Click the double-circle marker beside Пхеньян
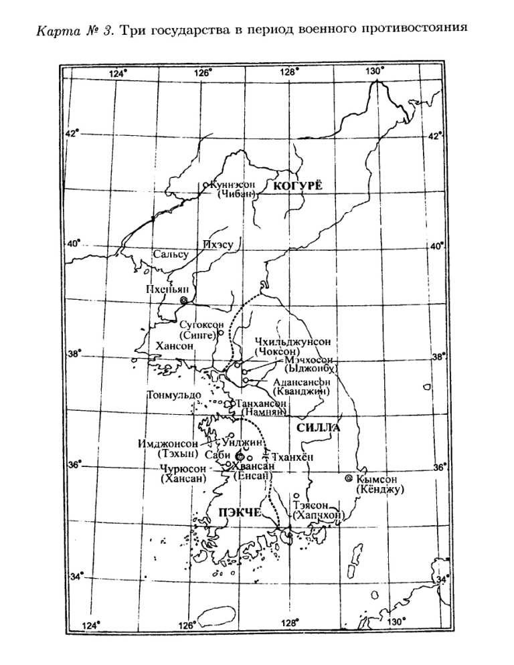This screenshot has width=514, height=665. [181, 302]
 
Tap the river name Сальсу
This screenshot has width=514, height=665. [170, 254]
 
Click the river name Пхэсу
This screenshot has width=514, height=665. [218, 245]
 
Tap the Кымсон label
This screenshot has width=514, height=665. [378, 479]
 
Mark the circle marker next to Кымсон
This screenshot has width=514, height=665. [348, 479]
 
